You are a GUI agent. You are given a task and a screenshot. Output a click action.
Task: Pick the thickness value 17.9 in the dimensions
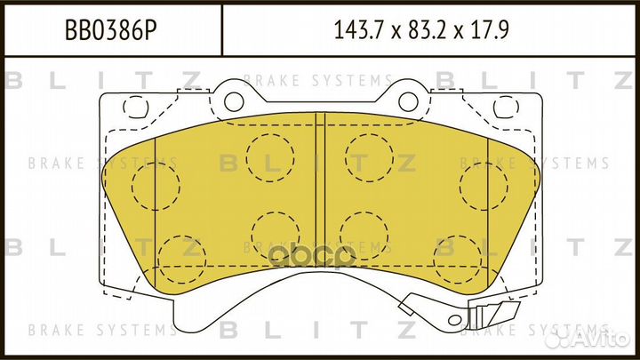pos(493,32)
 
